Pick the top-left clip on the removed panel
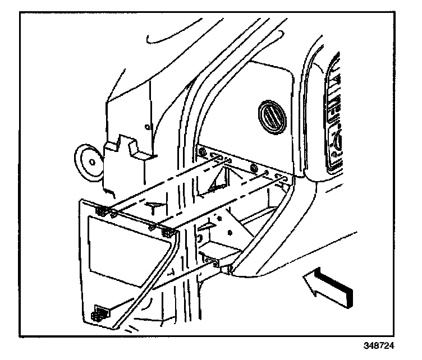click(102, 211)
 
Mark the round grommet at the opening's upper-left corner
click(201, 151)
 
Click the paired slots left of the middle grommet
click(224, 160)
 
